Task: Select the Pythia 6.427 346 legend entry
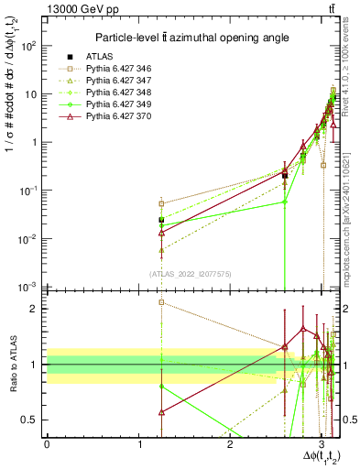(114, 69)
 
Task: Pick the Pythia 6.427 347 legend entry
(114, 81)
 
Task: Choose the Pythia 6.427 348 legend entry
(114, 93)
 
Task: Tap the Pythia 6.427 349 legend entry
(114, 104)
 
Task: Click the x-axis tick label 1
(138, 444)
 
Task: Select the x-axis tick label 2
(230, 444)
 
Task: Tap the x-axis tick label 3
(322, 444)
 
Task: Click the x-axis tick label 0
(47, 444)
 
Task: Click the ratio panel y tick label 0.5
(33, 420)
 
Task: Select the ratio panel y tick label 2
(38, 309)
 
